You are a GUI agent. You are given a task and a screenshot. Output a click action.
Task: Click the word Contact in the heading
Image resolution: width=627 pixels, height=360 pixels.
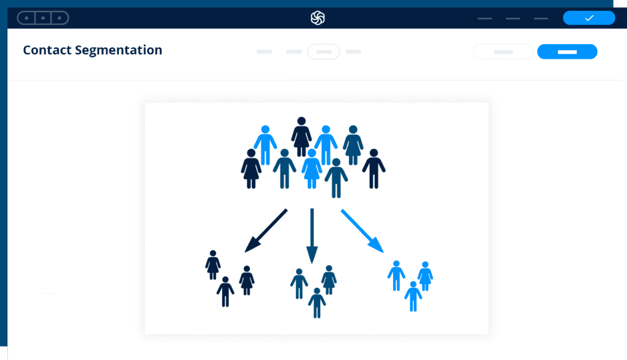pyautogui.click(x=47, y=50)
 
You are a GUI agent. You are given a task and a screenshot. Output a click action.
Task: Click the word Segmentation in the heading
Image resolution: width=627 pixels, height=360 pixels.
pyautogui.click(x=118, y=50)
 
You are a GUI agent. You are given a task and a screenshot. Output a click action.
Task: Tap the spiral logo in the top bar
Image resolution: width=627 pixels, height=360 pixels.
pyautogui.click(x=318, y=18)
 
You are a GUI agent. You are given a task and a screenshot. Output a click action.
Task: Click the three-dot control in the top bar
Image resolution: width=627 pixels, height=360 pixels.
pyautogui.click(x=43, y=18)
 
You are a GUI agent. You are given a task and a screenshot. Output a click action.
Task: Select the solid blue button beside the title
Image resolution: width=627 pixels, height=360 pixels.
pyautogui.click(x=567, y=51)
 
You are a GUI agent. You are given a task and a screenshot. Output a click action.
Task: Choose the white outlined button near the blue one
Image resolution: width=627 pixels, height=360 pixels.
pyautogui.click(x=503, y=51)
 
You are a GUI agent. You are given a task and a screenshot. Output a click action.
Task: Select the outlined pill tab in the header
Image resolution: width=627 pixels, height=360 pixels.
pyautogui.click(x=323, y=51)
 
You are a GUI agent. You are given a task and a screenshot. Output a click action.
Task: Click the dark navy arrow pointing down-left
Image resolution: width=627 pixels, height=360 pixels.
pyautogui.click(x=266, y=230)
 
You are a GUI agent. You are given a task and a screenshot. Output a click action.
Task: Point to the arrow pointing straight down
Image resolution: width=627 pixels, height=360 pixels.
pyautogui.click(x=312, y=236)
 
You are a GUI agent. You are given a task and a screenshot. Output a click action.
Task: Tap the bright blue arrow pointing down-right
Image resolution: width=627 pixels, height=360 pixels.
pyautogui.click(x=362, y=231)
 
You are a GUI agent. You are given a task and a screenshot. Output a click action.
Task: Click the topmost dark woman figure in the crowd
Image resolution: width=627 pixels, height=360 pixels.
pyautogui.click(x=301, y=137)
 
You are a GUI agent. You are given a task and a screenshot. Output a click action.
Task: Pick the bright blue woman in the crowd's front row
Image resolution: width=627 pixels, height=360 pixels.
pyautogui.click(x=312, y=168)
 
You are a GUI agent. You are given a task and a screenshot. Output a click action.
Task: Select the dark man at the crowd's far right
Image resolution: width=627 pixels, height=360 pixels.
pyautogui.click(x=374, y=168)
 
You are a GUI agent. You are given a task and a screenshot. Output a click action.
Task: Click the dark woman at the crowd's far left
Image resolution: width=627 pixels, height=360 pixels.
pyautogui.click(x=251, y=168)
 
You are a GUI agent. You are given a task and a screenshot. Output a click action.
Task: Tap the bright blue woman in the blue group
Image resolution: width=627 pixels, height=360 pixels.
pyautogui.click(x=425, y=276)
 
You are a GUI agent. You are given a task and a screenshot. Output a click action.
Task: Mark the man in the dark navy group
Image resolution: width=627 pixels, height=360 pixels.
pyautogui.click(x=225, y=291)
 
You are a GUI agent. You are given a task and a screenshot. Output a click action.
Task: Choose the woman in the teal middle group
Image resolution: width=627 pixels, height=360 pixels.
pyautogui.click(x=329, y=280)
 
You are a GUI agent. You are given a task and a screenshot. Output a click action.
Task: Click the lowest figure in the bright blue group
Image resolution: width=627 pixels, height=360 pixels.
pyautogui.click(x=413, y=296)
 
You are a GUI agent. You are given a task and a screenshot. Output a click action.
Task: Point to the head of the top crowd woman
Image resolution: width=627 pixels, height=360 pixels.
pyautogui.click(x=301, y=121)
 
